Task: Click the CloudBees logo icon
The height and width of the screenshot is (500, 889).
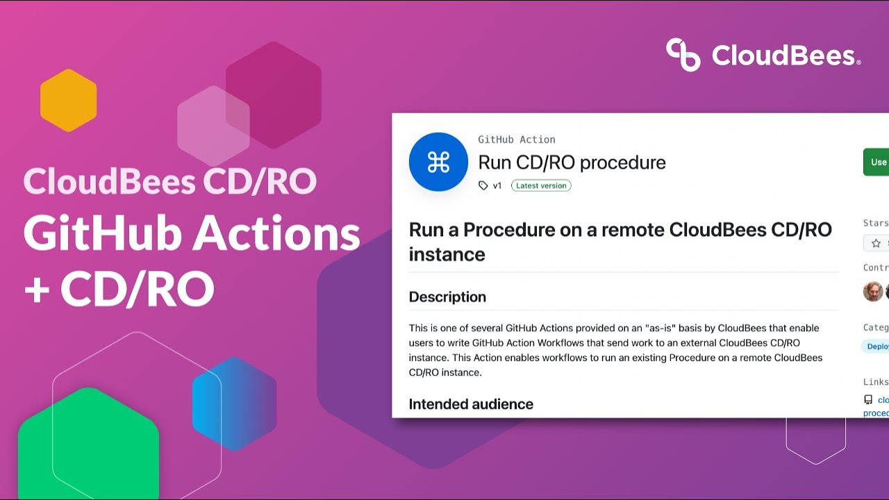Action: pyautogui.click(x=683, y=55)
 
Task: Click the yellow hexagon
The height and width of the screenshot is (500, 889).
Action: pyautogui.click(x=68, y=101)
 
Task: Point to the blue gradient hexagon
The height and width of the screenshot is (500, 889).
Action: pyautogui.click(x=234, y=403)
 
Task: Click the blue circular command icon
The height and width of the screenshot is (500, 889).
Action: pyautogui.click(x=438, y=162)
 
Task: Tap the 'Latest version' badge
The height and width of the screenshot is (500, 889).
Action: pyautogui.click(x=541, y=185)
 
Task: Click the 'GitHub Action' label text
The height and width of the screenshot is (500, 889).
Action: pyautogui.click(x=516, y=140)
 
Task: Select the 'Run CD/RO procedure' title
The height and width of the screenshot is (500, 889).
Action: pyautogui.click(x=572, y=162)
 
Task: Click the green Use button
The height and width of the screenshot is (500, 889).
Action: pyautogui.click(x=876, y=162)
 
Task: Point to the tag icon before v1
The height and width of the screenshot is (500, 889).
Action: pyautogui.click(x=483, y=185)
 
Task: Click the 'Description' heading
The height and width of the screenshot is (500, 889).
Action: pyautogui.click(x=447, y=297)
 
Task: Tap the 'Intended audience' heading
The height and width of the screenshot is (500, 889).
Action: pyautogui.click(x=471, y=404)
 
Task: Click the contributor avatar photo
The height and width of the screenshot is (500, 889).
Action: pyautogui.click(x=873, y=292)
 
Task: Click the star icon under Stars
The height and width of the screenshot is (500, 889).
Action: pyautogui.click(x=876, y=243)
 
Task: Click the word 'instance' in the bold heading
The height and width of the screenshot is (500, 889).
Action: pyautogui.click(x=447, y=254)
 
